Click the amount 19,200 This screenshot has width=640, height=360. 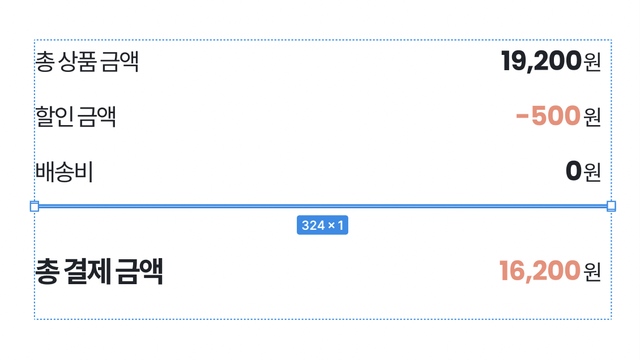541,61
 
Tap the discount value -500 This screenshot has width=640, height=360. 548,116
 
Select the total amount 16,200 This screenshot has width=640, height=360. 540,271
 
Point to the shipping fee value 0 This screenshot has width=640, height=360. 574,171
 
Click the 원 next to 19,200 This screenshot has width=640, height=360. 592,62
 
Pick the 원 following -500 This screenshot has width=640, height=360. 592,117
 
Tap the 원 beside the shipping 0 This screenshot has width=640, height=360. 592,172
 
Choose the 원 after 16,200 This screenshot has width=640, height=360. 592,272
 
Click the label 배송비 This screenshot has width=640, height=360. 65,172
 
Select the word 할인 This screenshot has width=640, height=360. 55,117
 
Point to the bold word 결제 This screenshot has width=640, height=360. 87,271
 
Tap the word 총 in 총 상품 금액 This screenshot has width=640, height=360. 45,62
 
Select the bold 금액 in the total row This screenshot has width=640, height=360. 139,271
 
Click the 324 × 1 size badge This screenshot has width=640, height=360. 322,225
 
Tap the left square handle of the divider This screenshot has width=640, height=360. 35,206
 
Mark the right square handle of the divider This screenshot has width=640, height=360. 612,206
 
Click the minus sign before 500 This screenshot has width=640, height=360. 522,117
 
